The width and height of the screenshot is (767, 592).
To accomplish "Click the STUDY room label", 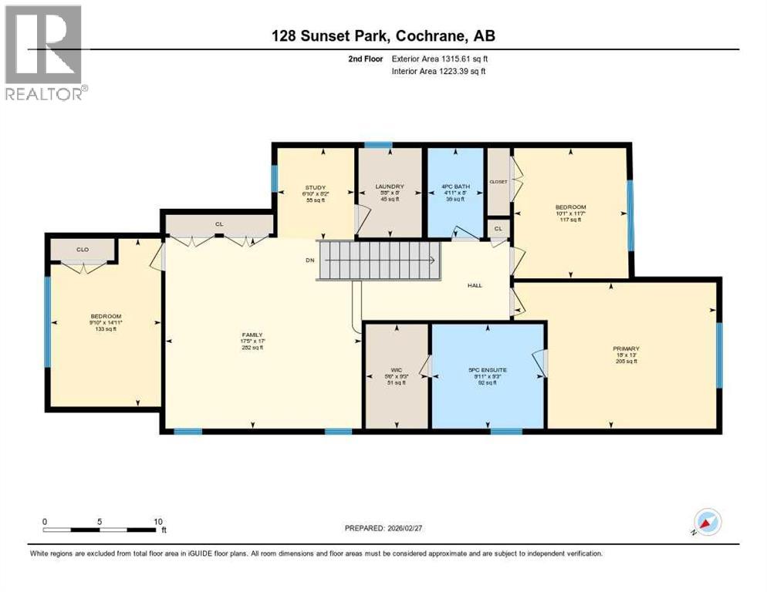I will click(x=315, y=187).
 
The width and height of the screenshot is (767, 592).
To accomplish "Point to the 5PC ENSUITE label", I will click(x=488, y=371).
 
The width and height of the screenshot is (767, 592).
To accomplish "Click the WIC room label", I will click(x=396, y=370).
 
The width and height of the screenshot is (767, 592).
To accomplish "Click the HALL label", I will click(x=475, y=285).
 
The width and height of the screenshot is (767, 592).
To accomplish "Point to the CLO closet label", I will click(x=82, y=250).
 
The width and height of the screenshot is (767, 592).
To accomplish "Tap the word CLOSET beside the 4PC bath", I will click(x=498, y=182).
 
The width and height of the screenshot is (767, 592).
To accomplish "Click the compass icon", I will click(x=708, y=523).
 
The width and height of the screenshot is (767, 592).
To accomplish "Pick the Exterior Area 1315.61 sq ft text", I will click(x=439, y=59).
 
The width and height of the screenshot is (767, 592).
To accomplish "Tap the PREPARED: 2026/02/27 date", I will click(x=387, y=528).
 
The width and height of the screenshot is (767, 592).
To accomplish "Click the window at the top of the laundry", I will click(x=378, y=145).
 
